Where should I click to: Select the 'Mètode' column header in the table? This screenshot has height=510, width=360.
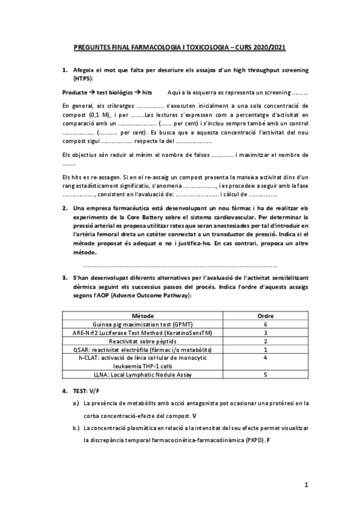[x=142, y=315]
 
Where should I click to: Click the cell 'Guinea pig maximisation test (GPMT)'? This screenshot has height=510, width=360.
[x=142, y=324]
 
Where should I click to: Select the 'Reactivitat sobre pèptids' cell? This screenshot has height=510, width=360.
[x=142, y=340]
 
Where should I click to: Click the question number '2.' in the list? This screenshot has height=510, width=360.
[x=65, y=208]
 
